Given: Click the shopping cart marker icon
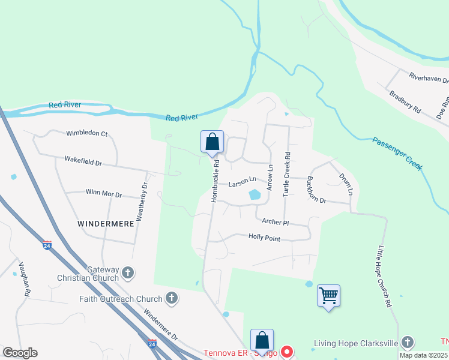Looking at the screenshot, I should (x=328, y=296).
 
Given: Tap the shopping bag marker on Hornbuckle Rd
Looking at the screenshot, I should (x=212, y=142).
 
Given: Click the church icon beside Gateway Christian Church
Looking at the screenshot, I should (x=128, y=274).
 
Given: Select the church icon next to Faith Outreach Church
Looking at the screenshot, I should (x=172, y=298).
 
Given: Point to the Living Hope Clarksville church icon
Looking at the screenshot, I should (x=408, y=343).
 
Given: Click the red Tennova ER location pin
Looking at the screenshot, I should (x=287, y=352).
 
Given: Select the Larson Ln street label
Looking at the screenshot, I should (x=242, y=180).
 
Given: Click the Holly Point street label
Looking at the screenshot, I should (x=264, y=238).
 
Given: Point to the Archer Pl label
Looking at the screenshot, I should (x=276, y=222).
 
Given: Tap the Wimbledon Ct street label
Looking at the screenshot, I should (x=86, y=133).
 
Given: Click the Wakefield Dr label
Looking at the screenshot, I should (x=83, y=161).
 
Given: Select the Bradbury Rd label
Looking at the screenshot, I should (x=405, y=103).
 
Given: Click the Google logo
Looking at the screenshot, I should (x=20, y=353).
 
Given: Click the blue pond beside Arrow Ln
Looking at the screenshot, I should (x=255, y=194).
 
